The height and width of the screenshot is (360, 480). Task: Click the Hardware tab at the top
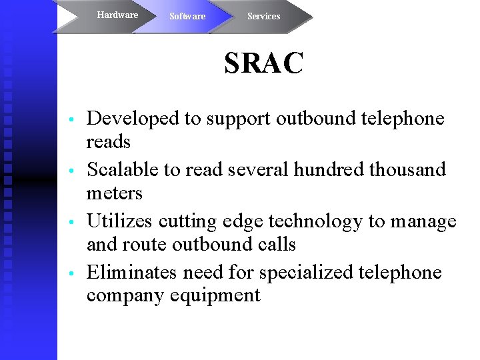point(117,15)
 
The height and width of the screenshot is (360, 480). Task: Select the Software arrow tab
point(187,16)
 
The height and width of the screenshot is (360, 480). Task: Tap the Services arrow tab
point(263,16)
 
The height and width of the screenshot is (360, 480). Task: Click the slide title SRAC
point(264,64)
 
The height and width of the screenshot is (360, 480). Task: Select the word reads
point(109,141)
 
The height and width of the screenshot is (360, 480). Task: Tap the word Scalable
point(124,169)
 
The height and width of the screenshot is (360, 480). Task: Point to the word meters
point(115,193)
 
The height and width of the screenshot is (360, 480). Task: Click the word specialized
point(306,273)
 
